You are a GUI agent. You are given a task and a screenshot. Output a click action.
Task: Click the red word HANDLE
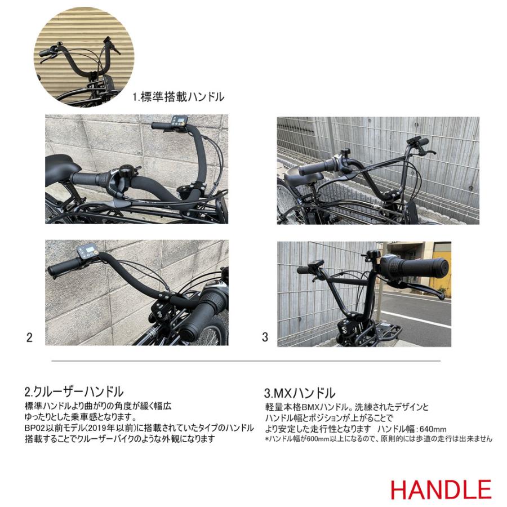(440, 489)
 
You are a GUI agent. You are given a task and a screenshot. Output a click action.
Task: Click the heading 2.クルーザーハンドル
(73, 392)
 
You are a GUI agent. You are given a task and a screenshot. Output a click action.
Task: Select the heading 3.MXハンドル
(300, 393)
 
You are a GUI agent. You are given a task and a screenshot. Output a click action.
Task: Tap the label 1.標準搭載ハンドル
(178, 97)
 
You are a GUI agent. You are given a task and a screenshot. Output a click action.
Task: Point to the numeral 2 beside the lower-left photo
(29, 337)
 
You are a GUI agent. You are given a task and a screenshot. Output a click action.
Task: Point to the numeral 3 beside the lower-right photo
(265, 337)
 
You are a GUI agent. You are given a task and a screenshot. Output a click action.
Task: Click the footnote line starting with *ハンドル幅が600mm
(378, 439)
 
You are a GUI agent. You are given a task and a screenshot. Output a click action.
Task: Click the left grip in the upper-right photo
(319, 167)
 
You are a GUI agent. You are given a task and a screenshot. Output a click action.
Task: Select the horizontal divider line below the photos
(246, 361)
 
